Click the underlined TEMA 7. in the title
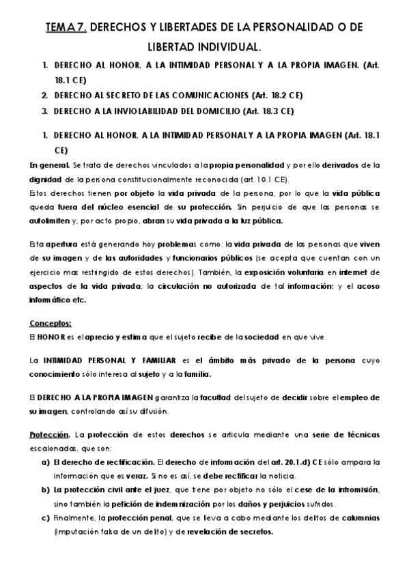(x=66, y=28)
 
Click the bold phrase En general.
(x=49, y=165)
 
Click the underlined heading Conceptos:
(x=51, y=323)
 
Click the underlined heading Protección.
(x=49, y=434)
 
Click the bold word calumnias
(x=359, y=518)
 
